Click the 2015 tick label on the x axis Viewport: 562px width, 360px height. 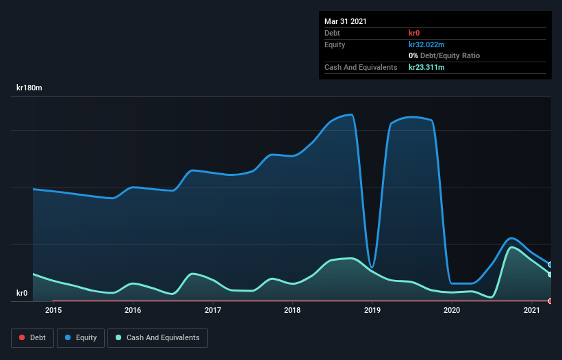pos(53,311)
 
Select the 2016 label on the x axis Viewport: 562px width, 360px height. pos(133,311)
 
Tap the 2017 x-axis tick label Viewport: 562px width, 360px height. pos(213,311)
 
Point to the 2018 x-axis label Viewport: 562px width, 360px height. pos(292,311)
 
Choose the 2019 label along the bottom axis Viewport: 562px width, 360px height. pos(372,311)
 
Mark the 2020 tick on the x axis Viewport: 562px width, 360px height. pos(452,311)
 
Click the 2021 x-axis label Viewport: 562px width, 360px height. pos(532,311)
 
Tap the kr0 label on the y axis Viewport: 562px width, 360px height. pos(22,294)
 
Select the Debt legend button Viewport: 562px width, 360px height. pos(31,337)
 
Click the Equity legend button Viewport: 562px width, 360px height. pos(81,337)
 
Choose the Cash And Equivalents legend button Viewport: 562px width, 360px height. pos(157,337)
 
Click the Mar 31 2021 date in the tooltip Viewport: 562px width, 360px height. pos(346,21)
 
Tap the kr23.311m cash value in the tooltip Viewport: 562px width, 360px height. pos(426,67)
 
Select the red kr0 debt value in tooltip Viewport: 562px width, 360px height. pos(415,33)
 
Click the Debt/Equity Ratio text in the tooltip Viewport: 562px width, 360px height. pos(448,55)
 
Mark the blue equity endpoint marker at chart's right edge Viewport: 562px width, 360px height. pos(550,264)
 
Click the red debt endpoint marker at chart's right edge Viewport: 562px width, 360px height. pos(550,301)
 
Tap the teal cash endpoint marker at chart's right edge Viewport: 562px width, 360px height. pos(550,274)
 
